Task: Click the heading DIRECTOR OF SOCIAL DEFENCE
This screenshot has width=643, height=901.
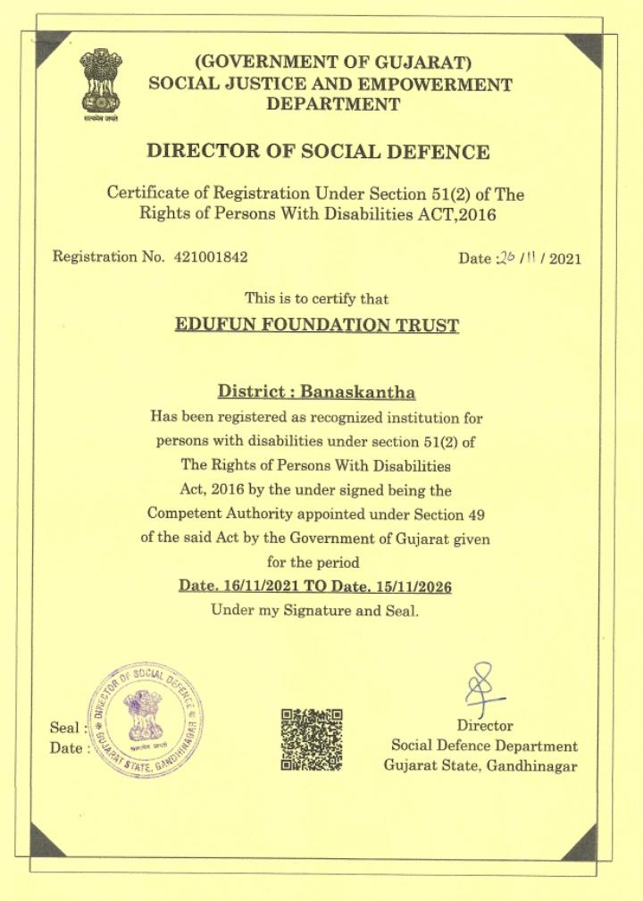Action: pos(318,151)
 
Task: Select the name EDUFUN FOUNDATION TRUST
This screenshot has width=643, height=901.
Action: pos(317,324)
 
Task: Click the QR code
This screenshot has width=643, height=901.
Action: pos(312,738)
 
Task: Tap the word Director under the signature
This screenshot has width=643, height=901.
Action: pos(485,726)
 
